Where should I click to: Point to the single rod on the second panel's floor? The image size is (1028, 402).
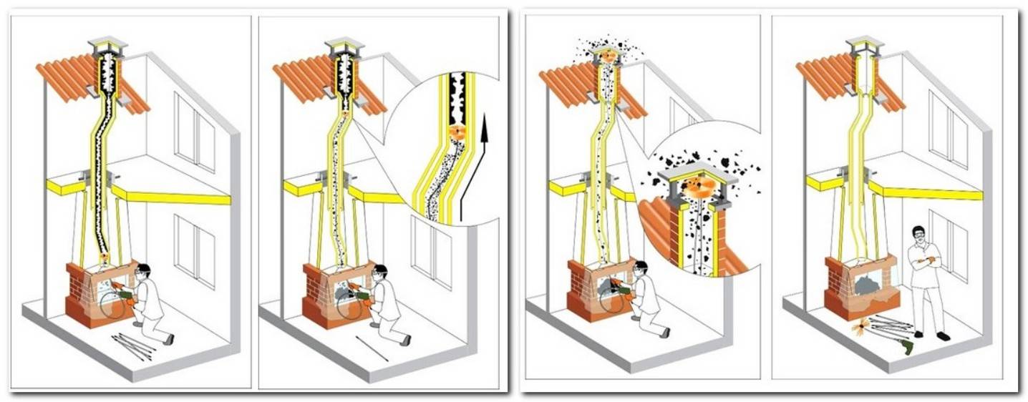372,348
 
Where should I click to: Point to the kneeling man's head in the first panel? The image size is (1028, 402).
143,272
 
